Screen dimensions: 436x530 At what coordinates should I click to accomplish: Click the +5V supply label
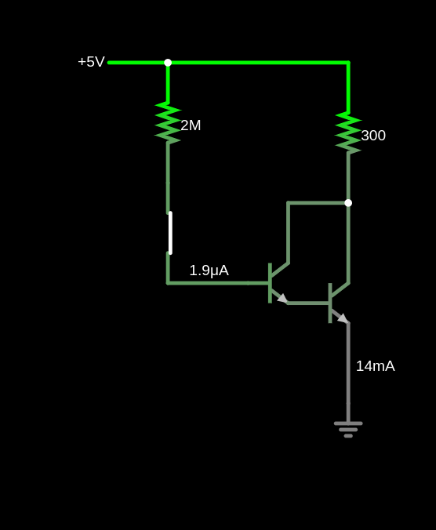tap(91, 62)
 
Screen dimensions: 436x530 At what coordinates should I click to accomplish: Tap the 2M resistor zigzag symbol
tap(168, 123)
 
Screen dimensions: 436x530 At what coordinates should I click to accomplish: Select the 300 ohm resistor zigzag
tap(348, 132)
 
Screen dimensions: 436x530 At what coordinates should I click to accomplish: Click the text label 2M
tap(191, 125)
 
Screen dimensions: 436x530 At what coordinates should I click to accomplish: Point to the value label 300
tap(373, 136)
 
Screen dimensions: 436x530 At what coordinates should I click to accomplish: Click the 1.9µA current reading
tap(209, 270)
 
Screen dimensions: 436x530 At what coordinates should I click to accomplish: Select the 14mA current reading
tap(375, 366)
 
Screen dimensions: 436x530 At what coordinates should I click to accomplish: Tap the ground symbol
tap(348, 430)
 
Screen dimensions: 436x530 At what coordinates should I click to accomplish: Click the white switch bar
tap(170, 233)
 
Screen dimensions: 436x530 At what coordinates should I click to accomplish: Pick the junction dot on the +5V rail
tap(168, 63)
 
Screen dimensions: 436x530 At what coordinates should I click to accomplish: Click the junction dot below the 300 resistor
tap(348, 203)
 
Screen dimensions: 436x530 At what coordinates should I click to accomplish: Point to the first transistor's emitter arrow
tap(282, 299)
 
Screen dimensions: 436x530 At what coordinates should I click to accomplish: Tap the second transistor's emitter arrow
tap(343, 318)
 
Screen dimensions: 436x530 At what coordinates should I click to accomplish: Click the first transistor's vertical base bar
tap(270, 283)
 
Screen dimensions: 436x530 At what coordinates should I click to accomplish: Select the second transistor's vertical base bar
tap(330, 303)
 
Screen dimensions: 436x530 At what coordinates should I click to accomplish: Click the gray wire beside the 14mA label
tap(348, 372)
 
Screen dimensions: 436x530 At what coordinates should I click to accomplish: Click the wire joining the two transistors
tap(308, 303)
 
